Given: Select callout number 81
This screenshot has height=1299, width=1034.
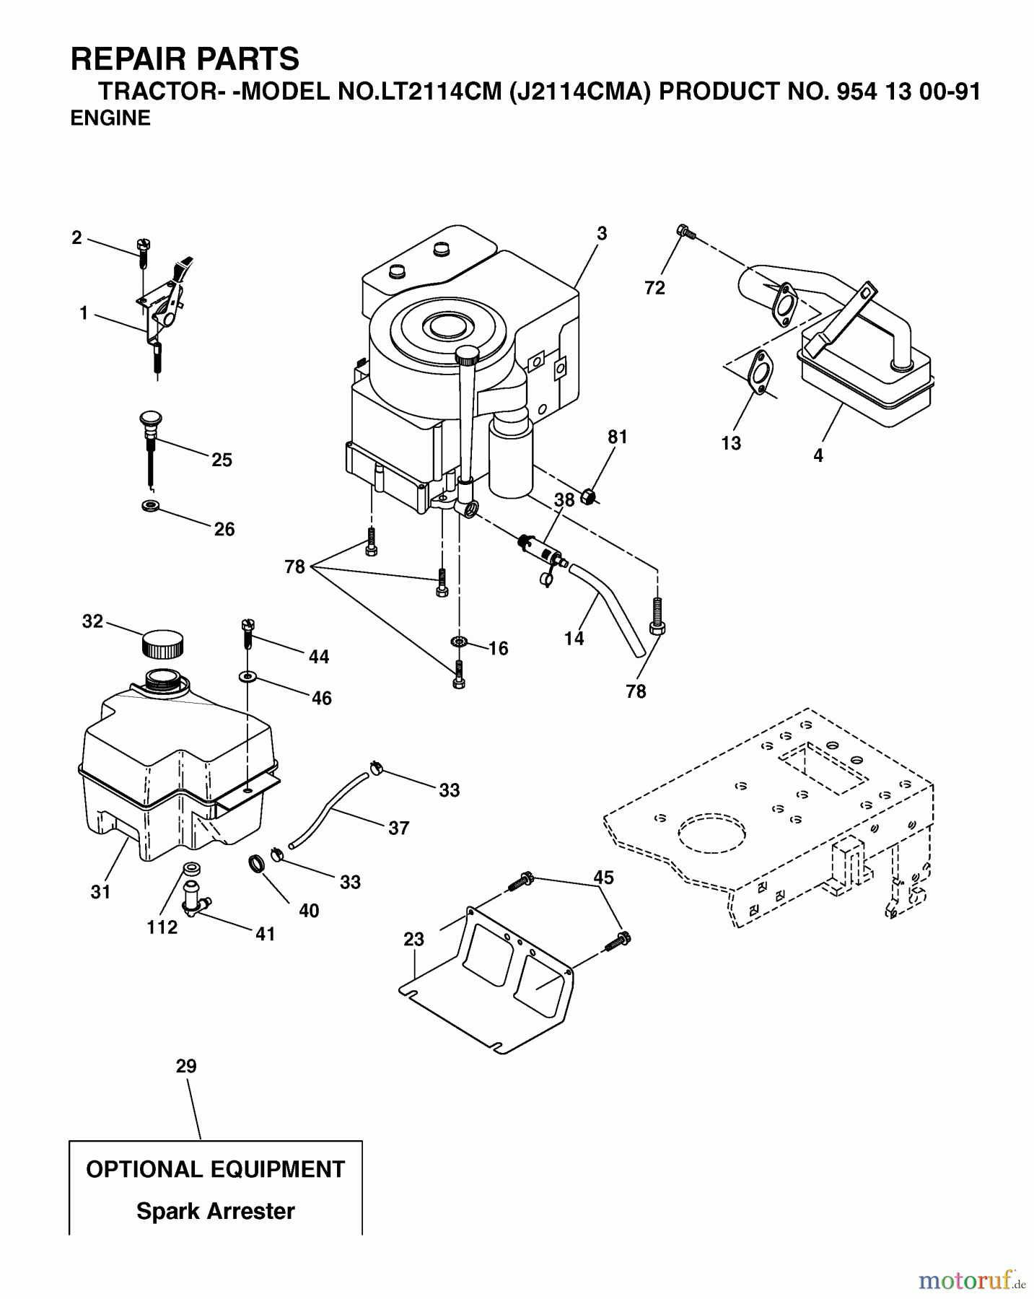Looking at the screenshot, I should pos(618,437).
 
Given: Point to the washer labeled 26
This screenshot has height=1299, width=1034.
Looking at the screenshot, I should pos(151,504).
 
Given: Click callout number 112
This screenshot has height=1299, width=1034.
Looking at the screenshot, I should pos(162,927).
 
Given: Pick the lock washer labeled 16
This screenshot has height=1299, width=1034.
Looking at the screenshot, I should pos(458,642).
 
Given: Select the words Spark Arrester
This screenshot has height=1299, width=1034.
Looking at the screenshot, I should pos(215,1211).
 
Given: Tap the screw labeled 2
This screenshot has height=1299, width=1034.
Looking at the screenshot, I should pos(144,248).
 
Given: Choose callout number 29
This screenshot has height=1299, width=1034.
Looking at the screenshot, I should pos(186,1066).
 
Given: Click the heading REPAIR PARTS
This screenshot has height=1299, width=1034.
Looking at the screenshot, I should pos(185,59).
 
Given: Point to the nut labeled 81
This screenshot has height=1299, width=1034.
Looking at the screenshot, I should pos(589,497).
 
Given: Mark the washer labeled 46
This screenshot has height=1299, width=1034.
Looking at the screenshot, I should pos(247,676).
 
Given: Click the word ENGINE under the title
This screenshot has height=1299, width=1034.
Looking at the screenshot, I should pos(110,118).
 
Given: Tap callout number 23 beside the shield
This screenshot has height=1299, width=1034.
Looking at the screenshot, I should pos(414,939).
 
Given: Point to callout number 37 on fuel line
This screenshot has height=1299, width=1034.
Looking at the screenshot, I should pos(398,828).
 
